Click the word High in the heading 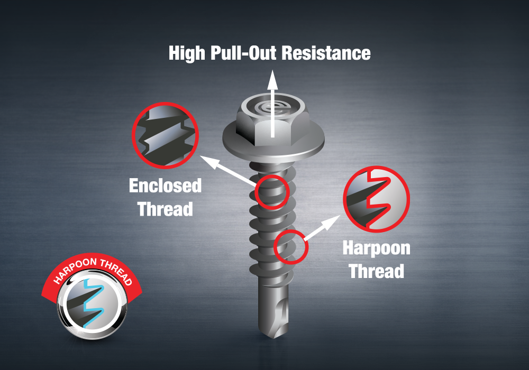coord(187,53)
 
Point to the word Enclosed coord(165,186)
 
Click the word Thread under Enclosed coord(165,209)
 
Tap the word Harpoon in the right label coord(377,248)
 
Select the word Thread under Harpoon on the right coord(377,271)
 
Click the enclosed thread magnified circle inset coord(165,135)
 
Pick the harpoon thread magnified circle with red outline coord(377,199)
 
